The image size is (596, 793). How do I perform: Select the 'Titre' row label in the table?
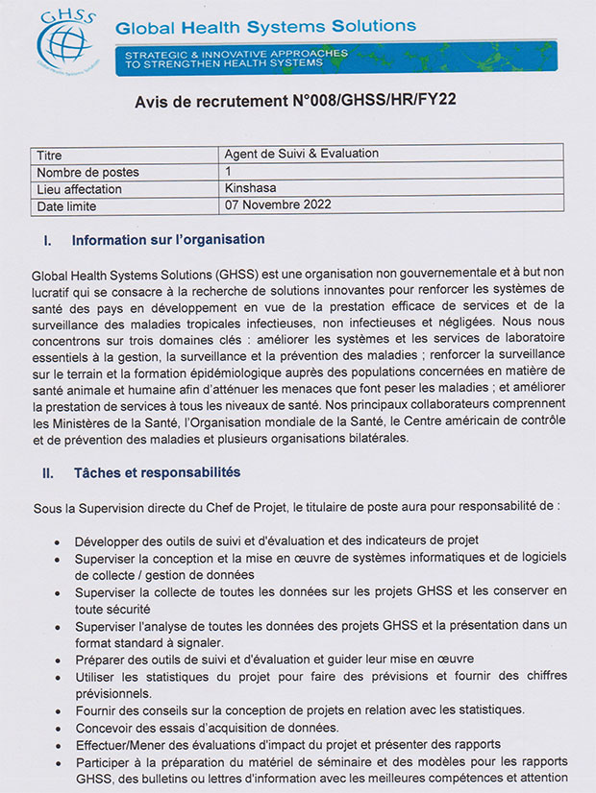pos(49,155)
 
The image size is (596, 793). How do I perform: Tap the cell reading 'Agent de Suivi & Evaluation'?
pos(301,154)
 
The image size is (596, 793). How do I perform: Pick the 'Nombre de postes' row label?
pos(87,172)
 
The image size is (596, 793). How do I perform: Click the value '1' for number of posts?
pos(229,171)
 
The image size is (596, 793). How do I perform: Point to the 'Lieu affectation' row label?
pos(80,189)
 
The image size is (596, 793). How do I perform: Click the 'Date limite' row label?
pos(67,206)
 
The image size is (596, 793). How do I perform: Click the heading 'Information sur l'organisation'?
pos(167,239)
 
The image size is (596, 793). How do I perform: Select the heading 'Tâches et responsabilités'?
pos(157,472)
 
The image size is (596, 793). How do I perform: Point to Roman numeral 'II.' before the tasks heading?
pos(47,472)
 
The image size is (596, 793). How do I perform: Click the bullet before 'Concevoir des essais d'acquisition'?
pos(61,728)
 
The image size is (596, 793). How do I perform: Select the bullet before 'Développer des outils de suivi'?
pos(61,541)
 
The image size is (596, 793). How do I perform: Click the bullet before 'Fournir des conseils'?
pos(61,710)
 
